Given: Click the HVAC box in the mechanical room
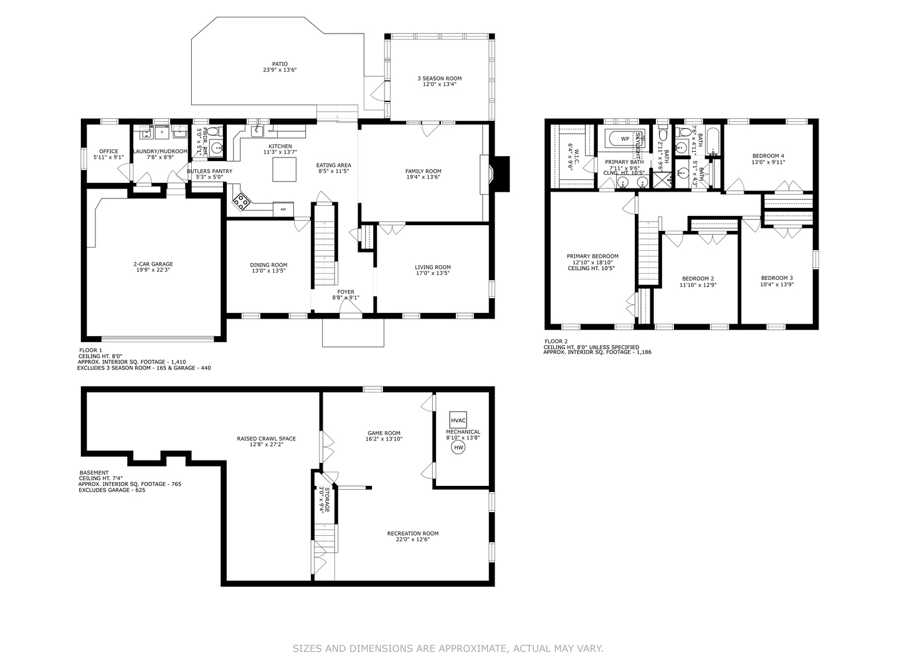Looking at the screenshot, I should pyautogui.click(x=458, y=419).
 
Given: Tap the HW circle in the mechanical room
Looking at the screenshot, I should pyautogui.click(x=458, y=447).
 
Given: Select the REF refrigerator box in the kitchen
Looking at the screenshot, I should pyautogui.click(x=283, y=210).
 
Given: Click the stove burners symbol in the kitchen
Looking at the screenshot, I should pyautogui.click(x=241, y=200).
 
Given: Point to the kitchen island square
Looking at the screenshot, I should pyautogui.click(x=284, y=169).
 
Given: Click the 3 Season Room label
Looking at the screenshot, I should pyautogui.click(x=439, y=78).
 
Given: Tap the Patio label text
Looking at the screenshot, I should pyautogui.click(x=280, y=63).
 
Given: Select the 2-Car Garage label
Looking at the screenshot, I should pyautogui.click(x=153, y=264).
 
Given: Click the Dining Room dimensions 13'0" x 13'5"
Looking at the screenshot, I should pyautogui.click(x=268, y=271).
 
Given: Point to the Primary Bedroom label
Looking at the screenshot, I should pyautogui.click(x=592, y=256).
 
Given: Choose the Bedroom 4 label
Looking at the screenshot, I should pyautogui.click(x=768, y=156).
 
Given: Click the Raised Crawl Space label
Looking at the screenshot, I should pyautogui.click(x=266, y=439).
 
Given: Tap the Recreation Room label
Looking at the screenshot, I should pyautogui.click(x=412, y=533).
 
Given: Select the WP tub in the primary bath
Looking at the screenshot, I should pyautogui.click(x=625, y=139).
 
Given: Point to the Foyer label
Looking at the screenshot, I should pyautogui.click(x=346, y=292).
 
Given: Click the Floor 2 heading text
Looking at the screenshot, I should pyautogui.click(x=556, y=341).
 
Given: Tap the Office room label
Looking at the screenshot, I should pyautogui.click(x=108, y=151).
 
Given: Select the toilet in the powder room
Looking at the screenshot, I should pyautogui.click(x=214, y=132).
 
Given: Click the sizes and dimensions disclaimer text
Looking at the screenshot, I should pyautogui.click(x=448, y=648).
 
